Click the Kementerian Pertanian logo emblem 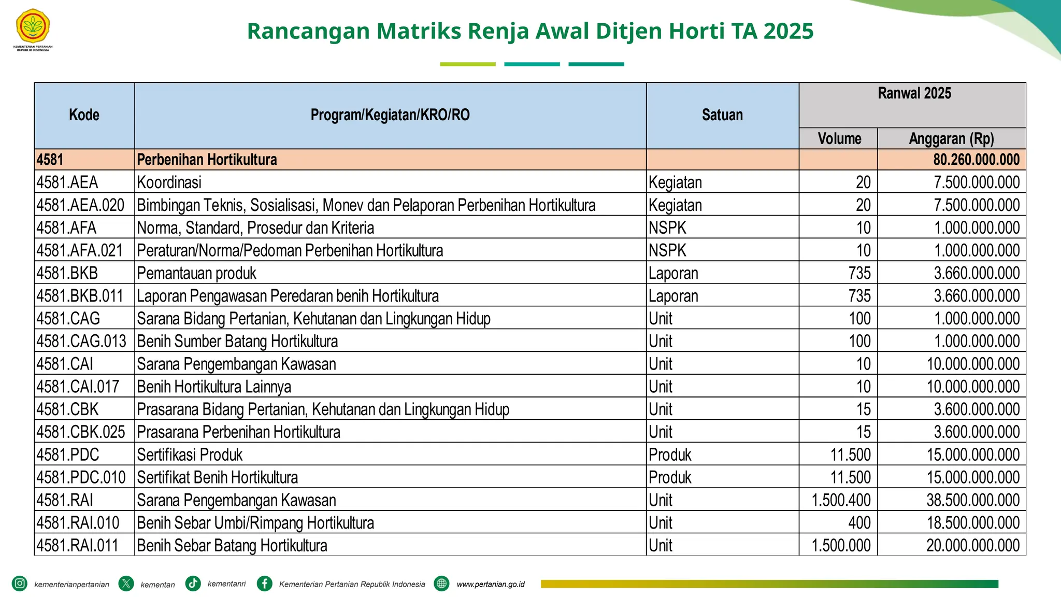(x=33, y=26)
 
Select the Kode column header (x=84, y=115)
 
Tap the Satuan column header (x=722, y=115)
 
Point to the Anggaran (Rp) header (x=951, y=139)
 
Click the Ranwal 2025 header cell (x=914, y=94)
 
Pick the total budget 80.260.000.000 (x=976, y=160)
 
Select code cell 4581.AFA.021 (x=80, y=250)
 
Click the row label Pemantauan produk (x=196, y=273)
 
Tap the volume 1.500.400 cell (x=841, y=500)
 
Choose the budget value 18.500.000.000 (x=973, y=523)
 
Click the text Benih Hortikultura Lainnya (x=214, y=387)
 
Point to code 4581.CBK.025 (x=81, y=432)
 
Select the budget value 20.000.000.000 (x=973, y=546)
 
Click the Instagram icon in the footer (x=20, y=584)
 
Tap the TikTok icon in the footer (x=193, y=584)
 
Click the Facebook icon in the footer (x=265, y=584)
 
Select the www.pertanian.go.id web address (x=490, y=584)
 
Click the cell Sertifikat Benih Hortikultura (x=217, y=477)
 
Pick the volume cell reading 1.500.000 (x=841, y=546)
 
